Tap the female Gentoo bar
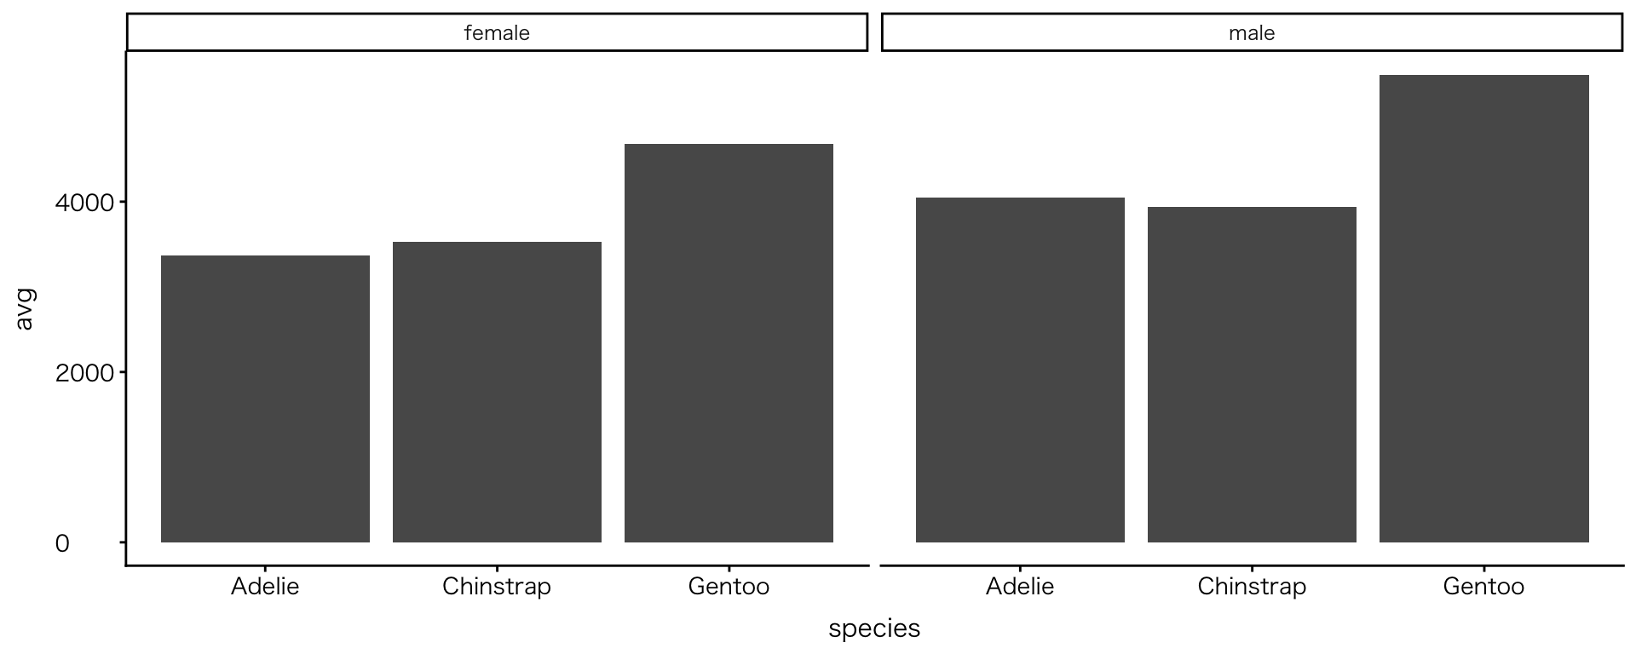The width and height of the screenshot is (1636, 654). pos(729,343)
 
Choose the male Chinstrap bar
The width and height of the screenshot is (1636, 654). pos(1252,375)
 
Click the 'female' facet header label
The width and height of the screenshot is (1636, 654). pos(497,33)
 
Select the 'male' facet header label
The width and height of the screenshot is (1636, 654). pos(1252,33)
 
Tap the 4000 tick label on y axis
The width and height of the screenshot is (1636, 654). pos(84,203)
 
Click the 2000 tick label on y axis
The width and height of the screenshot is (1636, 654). pos(84,373)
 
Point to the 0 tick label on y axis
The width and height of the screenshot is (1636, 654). pos(62,543)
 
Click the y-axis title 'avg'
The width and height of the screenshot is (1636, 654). pos(25,309)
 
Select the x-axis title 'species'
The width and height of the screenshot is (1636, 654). pos(874,628)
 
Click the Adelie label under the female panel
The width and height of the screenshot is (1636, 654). pos(265,587)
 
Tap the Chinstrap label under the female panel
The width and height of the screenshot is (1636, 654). pos(497,587)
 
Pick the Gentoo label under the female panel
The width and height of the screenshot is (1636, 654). pos(729,587)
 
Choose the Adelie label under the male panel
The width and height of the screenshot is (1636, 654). pos(1020,587)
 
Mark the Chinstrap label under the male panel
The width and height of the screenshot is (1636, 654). pos(1252,587)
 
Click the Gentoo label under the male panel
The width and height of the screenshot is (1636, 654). pos(1483,587)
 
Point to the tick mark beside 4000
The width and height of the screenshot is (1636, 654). pos(123,202)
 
